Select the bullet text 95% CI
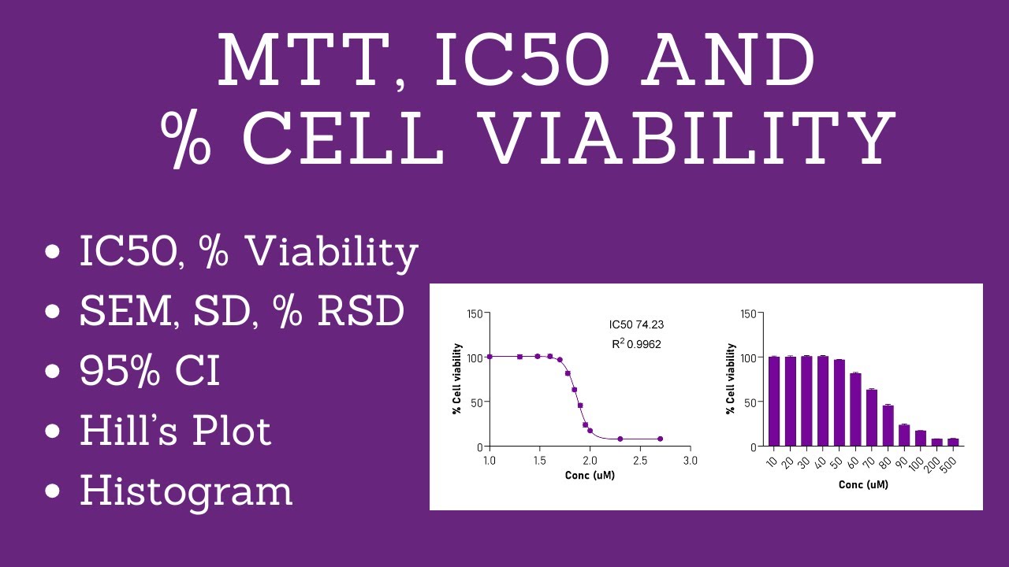click(150, 372)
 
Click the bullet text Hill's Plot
click(175, 431)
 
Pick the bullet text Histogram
click(186, 490)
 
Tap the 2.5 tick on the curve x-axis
click(639, 459)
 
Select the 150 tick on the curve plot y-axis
click(474, 313)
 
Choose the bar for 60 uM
click(855, 409)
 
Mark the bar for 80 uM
click(888, 426)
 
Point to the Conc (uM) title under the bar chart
click(863, 485)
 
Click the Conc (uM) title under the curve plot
click(590, 476)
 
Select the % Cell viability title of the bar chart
click(730, 379)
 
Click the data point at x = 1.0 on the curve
click(490, 357)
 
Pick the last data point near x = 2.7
click(660, 439)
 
